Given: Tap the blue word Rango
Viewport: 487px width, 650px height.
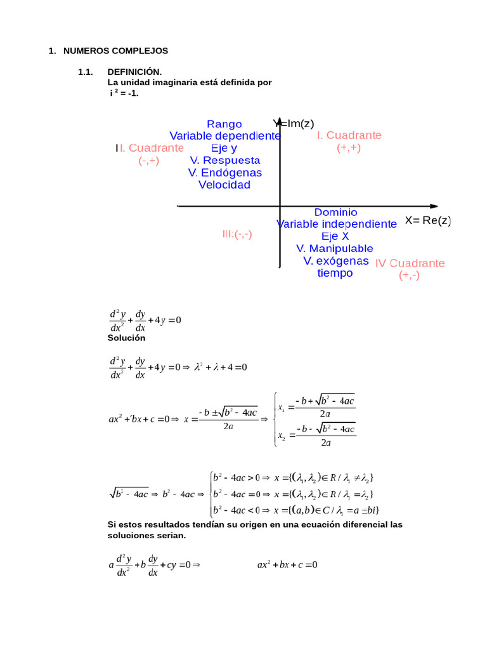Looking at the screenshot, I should pos(224,124).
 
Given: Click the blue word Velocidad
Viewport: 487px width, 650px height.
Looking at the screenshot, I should pos(224,185).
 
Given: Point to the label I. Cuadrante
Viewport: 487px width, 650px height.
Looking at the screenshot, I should pos(349,136).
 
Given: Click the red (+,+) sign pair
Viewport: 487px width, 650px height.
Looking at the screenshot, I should pos(349,148).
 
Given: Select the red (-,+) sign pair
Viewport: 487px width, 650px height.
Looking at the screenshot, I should pos(149,161).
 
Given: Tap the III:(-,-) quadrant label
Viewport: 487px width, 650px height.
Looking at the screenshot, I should pos(237,234).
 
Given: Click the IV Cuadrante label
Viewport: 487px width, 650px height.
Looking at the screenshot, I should pos(410,263).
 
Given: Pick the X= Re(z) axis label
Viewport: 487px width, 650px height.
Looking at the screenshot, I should pos(428,221).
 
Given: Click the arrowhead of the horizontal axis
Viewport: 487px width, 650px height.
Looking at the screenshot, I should pos(433,206).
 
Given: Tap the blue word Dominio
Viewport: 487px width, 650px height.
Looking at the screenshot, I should pos(336,213).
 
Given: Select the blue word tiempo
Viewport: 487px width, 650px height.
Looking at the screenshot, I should pos(335,274).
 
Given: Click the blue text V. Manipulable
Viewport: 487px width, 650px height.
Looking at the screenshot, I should pos(335,249).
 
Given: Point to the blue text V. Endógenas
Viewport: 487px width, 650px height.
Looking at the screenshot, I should pos(225,173).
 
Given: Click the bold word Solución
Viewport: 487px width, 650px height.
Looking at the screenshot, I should pos(126,338).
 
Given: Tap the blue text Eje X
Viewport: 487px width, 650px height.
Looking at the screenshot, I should pos(335,237).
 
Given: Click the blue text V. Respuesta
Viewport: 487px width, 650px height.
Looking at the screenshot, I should pos(225,161).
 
